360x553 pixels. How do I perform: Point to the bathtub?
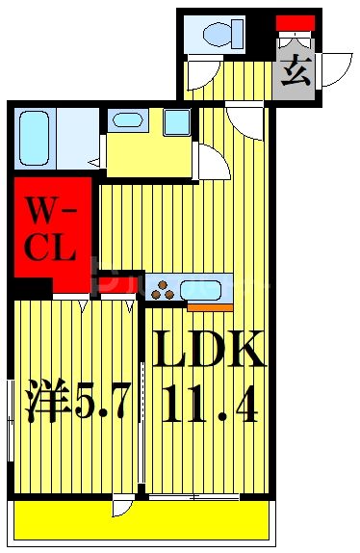click(35, 138)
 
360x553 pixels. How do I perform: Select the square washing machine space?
click(175, 122)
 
